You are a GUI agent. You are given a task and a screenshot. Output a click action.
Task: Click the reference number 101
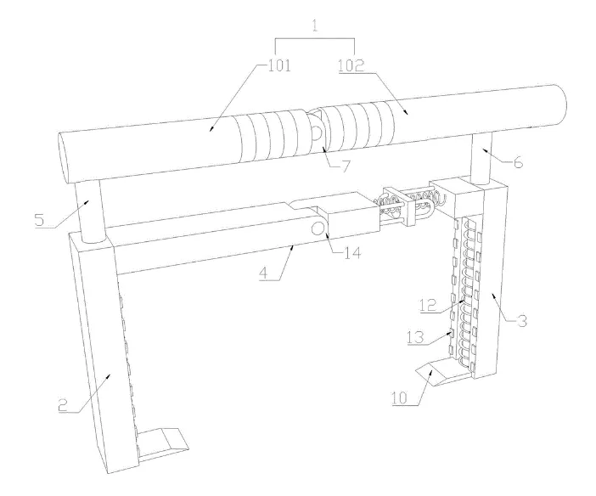coord(279,65)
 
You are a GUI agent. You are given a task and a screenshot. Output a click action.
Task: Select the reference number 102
coord(351,65)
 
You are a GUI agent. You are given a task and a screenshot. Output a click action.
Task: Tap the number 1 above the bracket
coord(315,25)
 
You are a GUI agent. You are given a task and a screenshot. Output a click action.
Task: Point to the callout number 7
coord(345,166)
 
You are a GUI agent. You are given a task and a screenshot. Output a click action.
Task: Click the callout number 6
coord(518,162)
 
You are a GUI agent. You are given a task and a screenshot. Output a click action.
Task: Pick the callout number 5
coord(39,220)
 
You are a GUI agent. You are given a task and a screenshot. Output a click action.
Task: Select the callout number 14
coord(352,252)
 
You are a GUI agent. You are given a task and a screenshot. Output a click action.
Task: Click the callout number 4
coord(265,273)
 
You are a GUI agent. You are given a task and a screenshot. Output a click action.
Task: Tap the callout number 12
coord(429,305)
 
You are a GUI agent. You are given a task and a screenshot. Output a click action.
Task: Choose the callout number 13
coord(415,337)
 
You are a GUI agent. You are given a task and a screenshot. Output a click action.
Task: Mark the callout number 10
coord(400,397)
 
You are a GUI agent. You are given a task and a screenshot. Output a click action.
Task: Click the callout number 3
coord(522,320)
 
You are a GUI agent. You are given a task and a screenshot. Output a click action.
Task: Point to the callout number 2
coord(63,405)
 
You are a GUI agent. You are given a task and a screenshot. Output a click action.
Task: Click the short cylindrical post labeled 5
coord(90,211)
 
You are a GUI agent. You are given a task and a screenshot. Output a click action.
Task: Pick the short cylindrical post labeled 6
coord(481,158)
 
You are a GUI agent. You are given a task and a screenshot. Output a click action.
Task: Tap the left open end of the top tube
coord(64,159)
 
